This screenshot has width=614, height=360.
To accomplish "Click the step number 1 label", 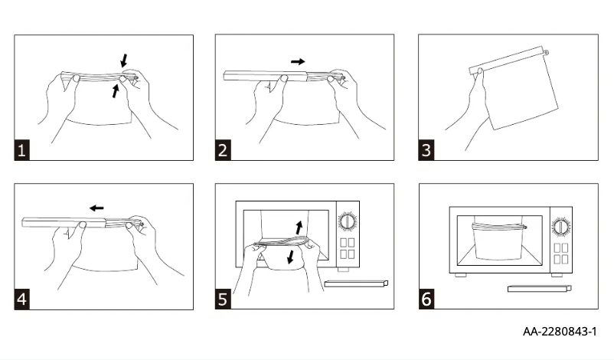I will pyautogui.click(x=22, y=150).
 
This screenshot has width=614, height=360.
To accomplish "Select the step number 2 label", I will pyautogui.click(x=223, y=150).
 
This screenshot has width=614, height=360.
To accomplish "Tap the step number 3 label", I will pyautogui.click(x=426, y=150).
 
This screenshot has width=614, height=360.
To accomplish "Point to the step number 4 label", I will pyautogui.click(x=22, y=299).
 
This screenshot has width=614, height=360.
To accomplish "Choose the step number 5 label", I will pyautogui.click(x=223, y=299).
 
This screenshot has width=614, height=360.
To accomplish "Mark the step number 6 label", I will pyautogui.click(x=426, y=299).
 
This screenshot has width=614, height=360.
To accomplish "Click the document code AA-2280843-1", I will pyautogui.click(x=559, y=332).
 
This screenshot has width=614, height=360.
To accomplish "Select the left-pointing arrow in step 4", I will pyautogui.click(x=96, y=208).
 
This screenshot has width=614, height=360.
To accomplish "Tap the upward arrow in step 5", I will pyautogui.click(x=299, y=226).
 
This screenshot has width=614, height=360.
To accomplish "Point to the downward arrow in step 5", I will pyautogui.click(x=290, y=258).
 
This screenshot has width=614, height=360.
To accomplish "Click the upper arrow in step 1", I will pyautogui.click(x=124, y=60).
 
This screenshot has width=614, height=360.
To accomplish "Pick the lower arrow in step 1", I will pyautogui.click(x=115, y=91).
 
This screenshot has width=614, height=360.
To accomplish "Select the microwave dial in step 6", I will pyautogui.click(x=561, y=227).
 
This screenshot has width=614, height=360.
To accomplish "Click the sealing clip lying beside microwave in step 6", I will pyautogui.click(x=540, y=288).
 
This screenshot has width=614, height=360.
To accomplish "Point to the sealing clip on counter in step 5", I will pyautogui.click(x=355, y=284).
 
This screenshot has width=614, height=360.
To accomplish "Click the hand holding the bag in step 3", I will pyautogui.click(x=469, y=107).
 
